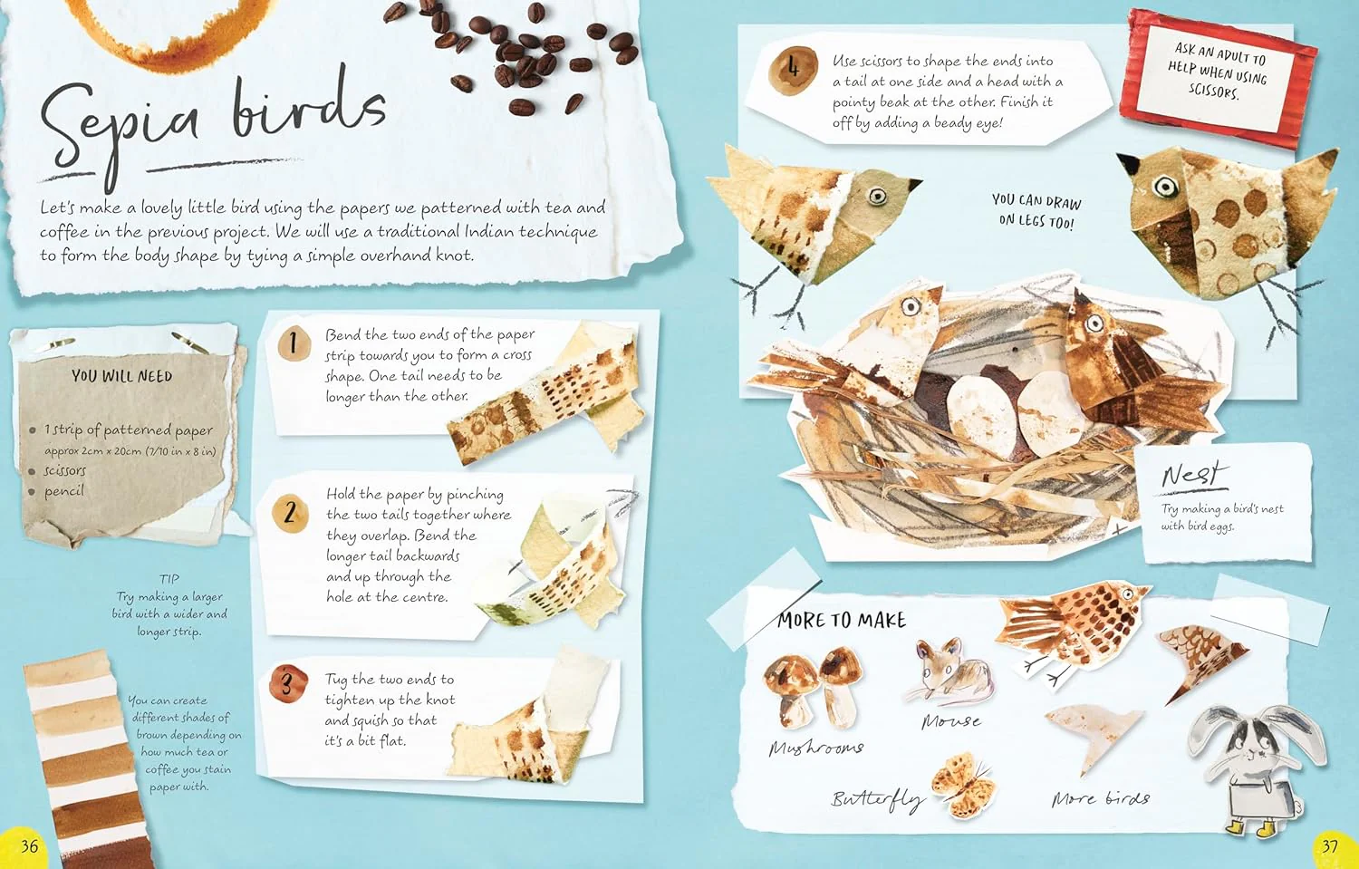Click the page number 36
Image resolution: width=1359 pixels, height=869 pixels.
coord(29,846)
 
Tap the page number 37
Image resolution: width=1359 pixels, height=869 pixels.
coord(1329,846)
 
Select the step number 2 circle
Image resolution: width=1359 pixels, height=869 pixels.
coord(289,513)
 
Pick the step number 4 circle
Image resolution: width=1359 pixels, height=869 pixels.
coord(794,70)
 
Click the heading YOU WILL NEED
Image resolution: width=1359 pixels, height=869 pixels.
coord(122,376)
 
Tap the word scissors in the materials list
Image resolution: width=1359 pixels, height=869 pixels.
coord(65,470)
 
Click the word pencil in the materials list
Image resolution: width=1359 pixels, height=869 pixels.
coord(63,491)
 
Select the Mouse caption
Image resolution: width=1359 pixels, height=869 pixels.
coord(950,721)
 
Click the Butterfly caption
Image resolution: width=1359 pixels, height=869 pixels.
coord(878,800)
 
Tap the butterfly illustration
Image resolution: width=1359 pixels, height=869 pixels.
coord(963,784)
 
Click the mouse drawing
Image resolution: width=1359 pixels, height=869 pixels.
coord(949,672)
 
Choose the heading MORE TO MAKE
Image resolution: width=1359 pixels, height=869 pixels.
coord(842,620)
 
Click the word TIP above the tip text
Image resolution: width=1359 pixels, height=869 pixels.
coord(169,578)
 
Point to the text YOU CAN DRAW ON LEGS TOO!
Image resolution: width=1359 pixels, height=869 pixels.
coord(1036,211)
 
